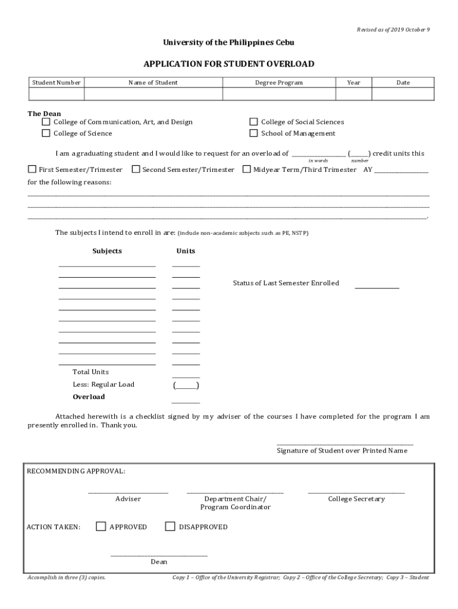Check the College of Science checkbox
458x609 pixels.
pyautogui.click(x=46, y=133)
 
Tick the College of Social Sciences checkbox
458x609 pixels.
pyautogui.click(x=253, y=122)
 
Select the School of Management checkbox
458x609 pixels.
pyautogui.click(x=253, y=133)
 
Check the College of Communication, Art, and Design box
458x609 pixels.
pyautogui.click(x=46, y=122)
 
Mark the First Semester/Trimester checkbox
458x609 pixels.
pyautogui.click(x=32, y=169)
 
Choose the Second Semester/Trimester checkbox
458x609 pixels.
pyautogui.click(x=136, y=169)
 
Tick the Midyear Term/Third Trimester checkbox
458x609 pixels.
pyautogui.click(x=247, y=169)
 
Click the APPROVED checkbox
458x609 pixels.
pyautogui.click(x=101, y=526)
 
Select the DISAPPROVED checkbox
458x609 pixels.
pyautogui.click(x=170, y=526)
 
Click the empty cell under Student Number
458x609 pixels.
pyautogui.click(x=57, y=94)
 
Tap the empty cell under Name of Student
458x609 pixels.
pyautogui.click(x=153, y=94)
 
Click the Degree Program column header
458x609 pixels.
pyautogui.click(x=279, y=83)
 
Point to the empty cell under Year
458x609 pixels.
pyautogui.click(x=353, y=94)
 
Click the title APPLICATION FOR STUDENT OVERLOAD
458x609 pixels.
pyautogui.click(x=228, y=64)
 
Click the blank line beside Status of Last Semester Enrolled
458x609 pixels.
pyautogui.click(x=377, y=287)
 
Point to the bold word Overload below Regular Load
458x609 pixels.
pyautogui.click(x=89, y=397)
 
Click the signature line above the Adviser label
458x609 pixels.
pyautogui.click(x=128, y=492)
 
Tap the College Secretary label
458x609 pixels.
pyautogui.click(x=356, y=499)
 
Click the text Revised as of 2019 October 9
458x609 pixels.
pyautogui.click(x=393, y=30)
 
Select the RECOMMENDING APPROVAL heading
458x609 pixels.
pyautogui.click(x=76, y=471)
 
